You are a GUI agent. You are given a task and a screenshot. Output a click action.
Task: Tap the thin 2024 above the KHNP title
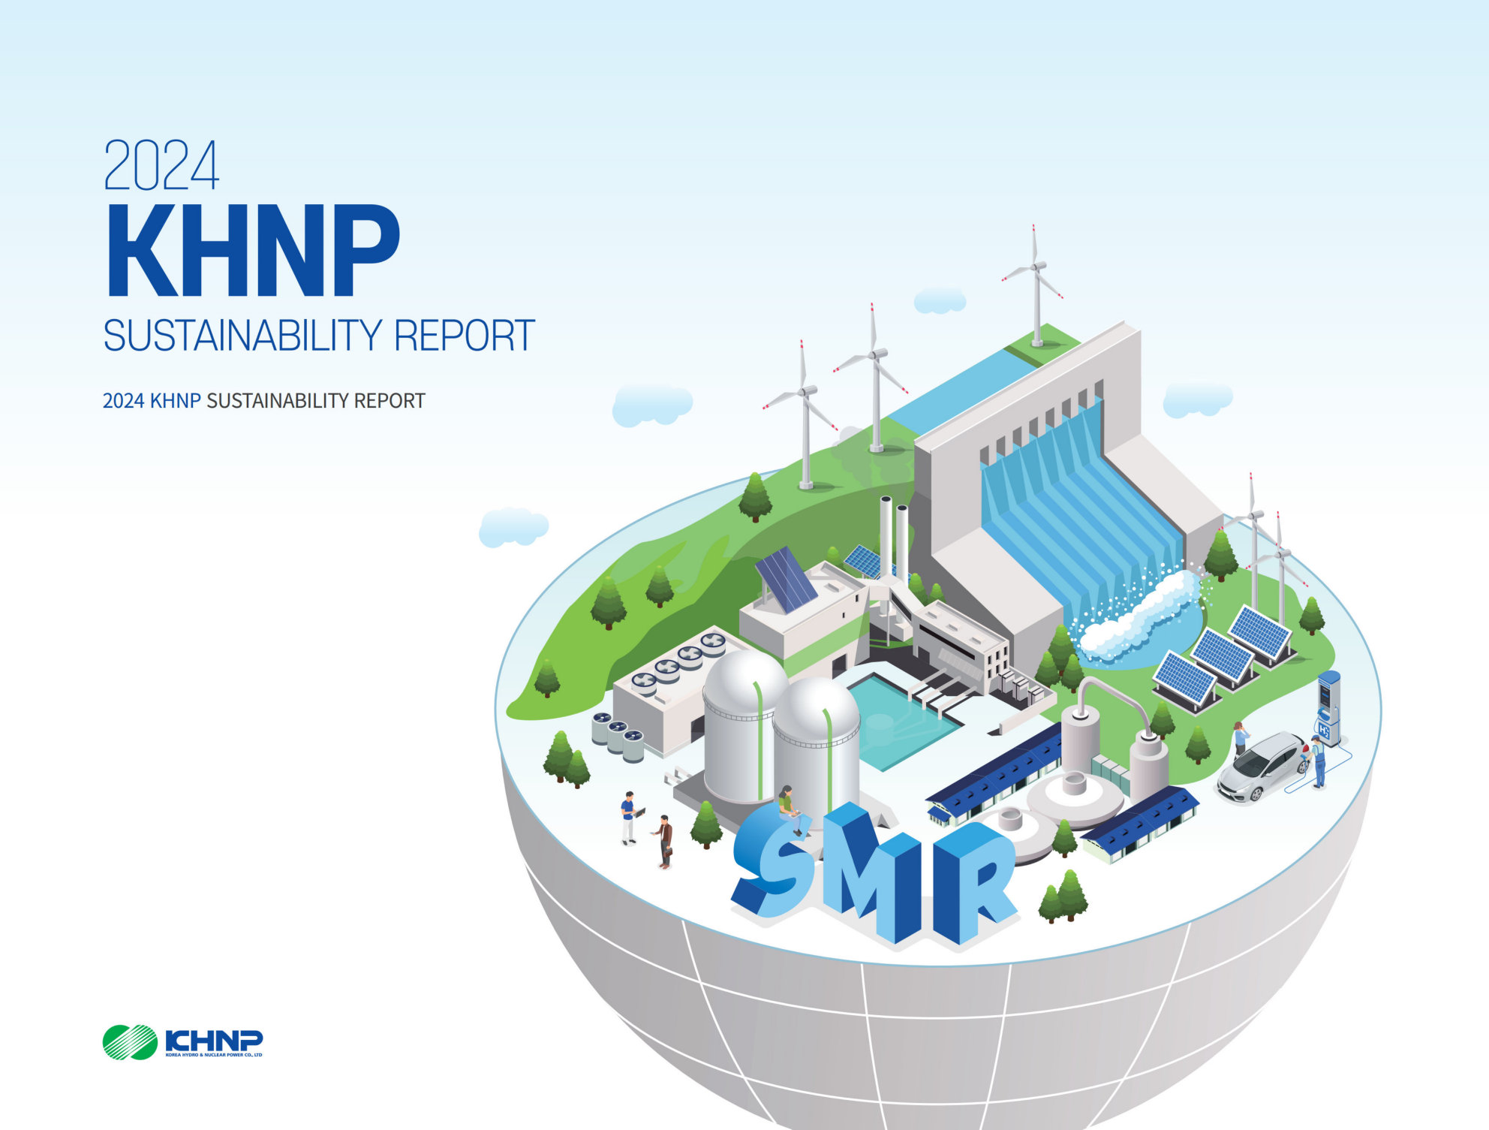[161, 165]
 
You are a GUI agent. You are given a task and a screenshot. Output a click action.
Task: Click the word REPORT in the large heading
[464, 336]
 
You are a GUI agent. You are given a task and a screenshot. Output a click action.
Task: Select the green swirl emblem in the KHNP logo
[130, 1042]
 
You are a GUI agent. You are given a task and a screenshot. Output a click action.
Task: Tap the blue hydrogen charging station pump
[1329, 708]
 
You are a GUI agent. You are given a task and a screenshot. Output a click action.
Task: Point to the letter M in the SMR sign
[871, 871]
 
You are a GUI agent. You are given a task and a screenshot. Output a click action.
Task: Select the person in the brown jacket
[663, 842]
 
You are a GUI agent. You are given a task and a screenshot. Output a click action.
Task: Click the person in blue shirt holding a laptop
[630, 818]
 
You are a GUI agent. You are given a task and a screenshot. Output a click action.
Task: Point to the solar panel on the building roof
[786, 579]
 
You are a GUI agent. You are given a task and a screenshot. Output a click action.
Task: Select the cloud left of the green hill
[514, 526]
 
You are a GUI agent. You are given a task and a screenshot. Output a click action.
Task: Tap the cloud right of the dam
[1197, 399]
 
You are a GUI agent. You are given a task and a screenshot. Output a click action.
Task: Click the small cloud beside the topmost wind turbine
[940, 300]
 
